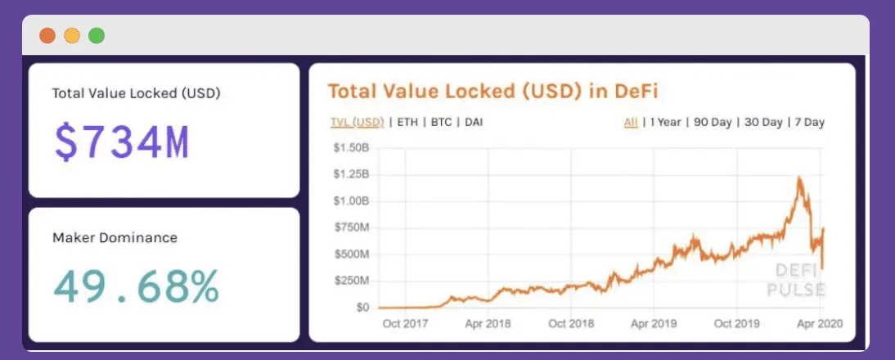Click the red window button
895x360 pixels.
click(x=47, y=35)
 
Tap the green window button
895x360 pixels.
click(x=97, y=35)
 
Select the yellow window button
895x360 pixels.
click(x=72, y=35)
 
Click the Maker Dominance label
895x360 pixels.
click(x=115, y=238)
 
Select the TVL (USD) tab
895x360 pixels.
click(x=357, y=123)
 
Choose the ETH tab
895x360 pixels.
click(x=406, y=123)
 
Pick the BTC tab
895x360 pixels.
click(x=442, y=123)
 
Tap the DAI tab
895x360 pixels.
click(x=473, y=123)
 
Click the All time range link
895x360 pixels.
click(x=631, y=123)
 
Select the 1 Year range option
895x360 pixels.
click(x=665, y=123)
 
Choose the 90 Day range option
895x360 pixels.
click(x=713, y=123)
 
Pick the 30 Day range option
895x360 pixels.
click(x=762, y=123)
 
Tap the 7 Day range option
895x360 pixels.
click(x=808, y=123)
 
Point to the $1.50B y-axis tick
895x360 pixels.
click(x=351, y=148)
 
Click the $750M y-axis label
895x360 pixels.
click(x=351, y=227)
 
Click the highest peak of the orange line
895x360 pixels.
click(x=798, y=178)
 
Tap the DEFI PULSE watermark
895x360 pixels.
click(x=795, y=281)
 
